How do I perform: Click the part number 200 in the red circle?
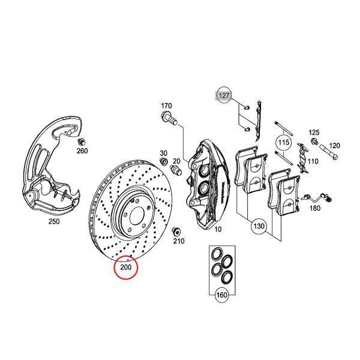126,267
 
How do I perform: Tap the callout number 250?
54,221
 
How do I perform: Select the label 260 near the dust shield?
82,151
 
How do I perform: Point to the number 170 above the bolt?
166,106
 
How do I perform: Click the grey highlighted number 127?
224,95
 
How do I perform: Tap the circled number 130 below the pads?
259,227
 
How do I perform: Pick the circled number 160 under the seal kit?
221,295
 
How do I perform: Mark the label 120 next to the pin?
334,146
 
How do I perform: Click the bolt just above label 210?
176,231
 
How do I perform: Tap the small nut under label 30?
164,163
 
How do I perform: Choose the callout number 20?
176,160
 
